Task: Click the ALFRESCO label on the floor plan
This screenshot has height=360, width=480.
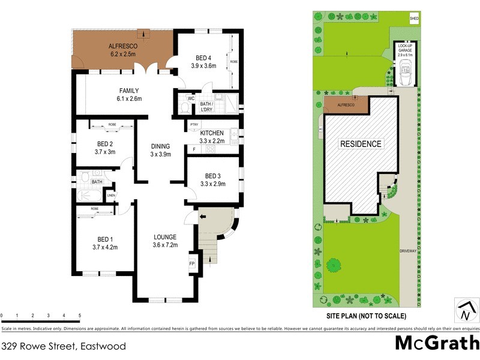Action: click(x=123, y=46)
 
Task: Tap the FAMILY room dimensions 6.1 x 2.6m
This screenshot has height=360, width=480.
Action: click(x=128, y=99)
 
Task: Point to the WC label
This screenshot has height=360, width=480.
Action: click(x=191, y=98)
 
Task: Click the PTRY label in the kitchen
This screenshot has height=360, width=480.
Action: click(x=194, y=125)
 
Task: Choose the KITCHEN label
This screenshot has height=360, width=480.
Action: click(x=212, y=133)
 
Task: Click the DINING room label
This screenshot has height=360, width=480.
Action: click(x=160, y=146)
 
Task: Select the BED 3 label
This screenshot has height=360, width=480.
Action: click(x=212, y=176)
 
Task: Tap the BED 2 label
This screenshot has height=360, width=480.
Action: click(x=105, y=143)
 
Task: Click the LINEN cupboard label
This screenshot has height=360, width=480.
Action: click(x=111, y=195)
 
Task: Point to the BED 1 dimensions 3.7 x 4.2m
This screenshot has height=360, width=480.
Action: click(x=105, y=247)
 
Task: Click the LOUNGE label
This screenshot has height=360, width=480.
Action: click(x=165, y=236)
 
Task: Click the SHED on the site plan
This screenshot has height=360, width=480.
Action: click(x=413, y=19)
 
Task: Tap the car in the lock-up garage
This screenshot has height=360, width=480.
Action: click(x=405, y=76)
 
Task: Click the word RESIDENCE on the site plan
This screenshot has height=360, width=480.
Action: click(x=361, y=144)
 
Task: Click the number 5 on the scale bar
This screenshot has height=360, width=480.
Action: click(x=80, y=315)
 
